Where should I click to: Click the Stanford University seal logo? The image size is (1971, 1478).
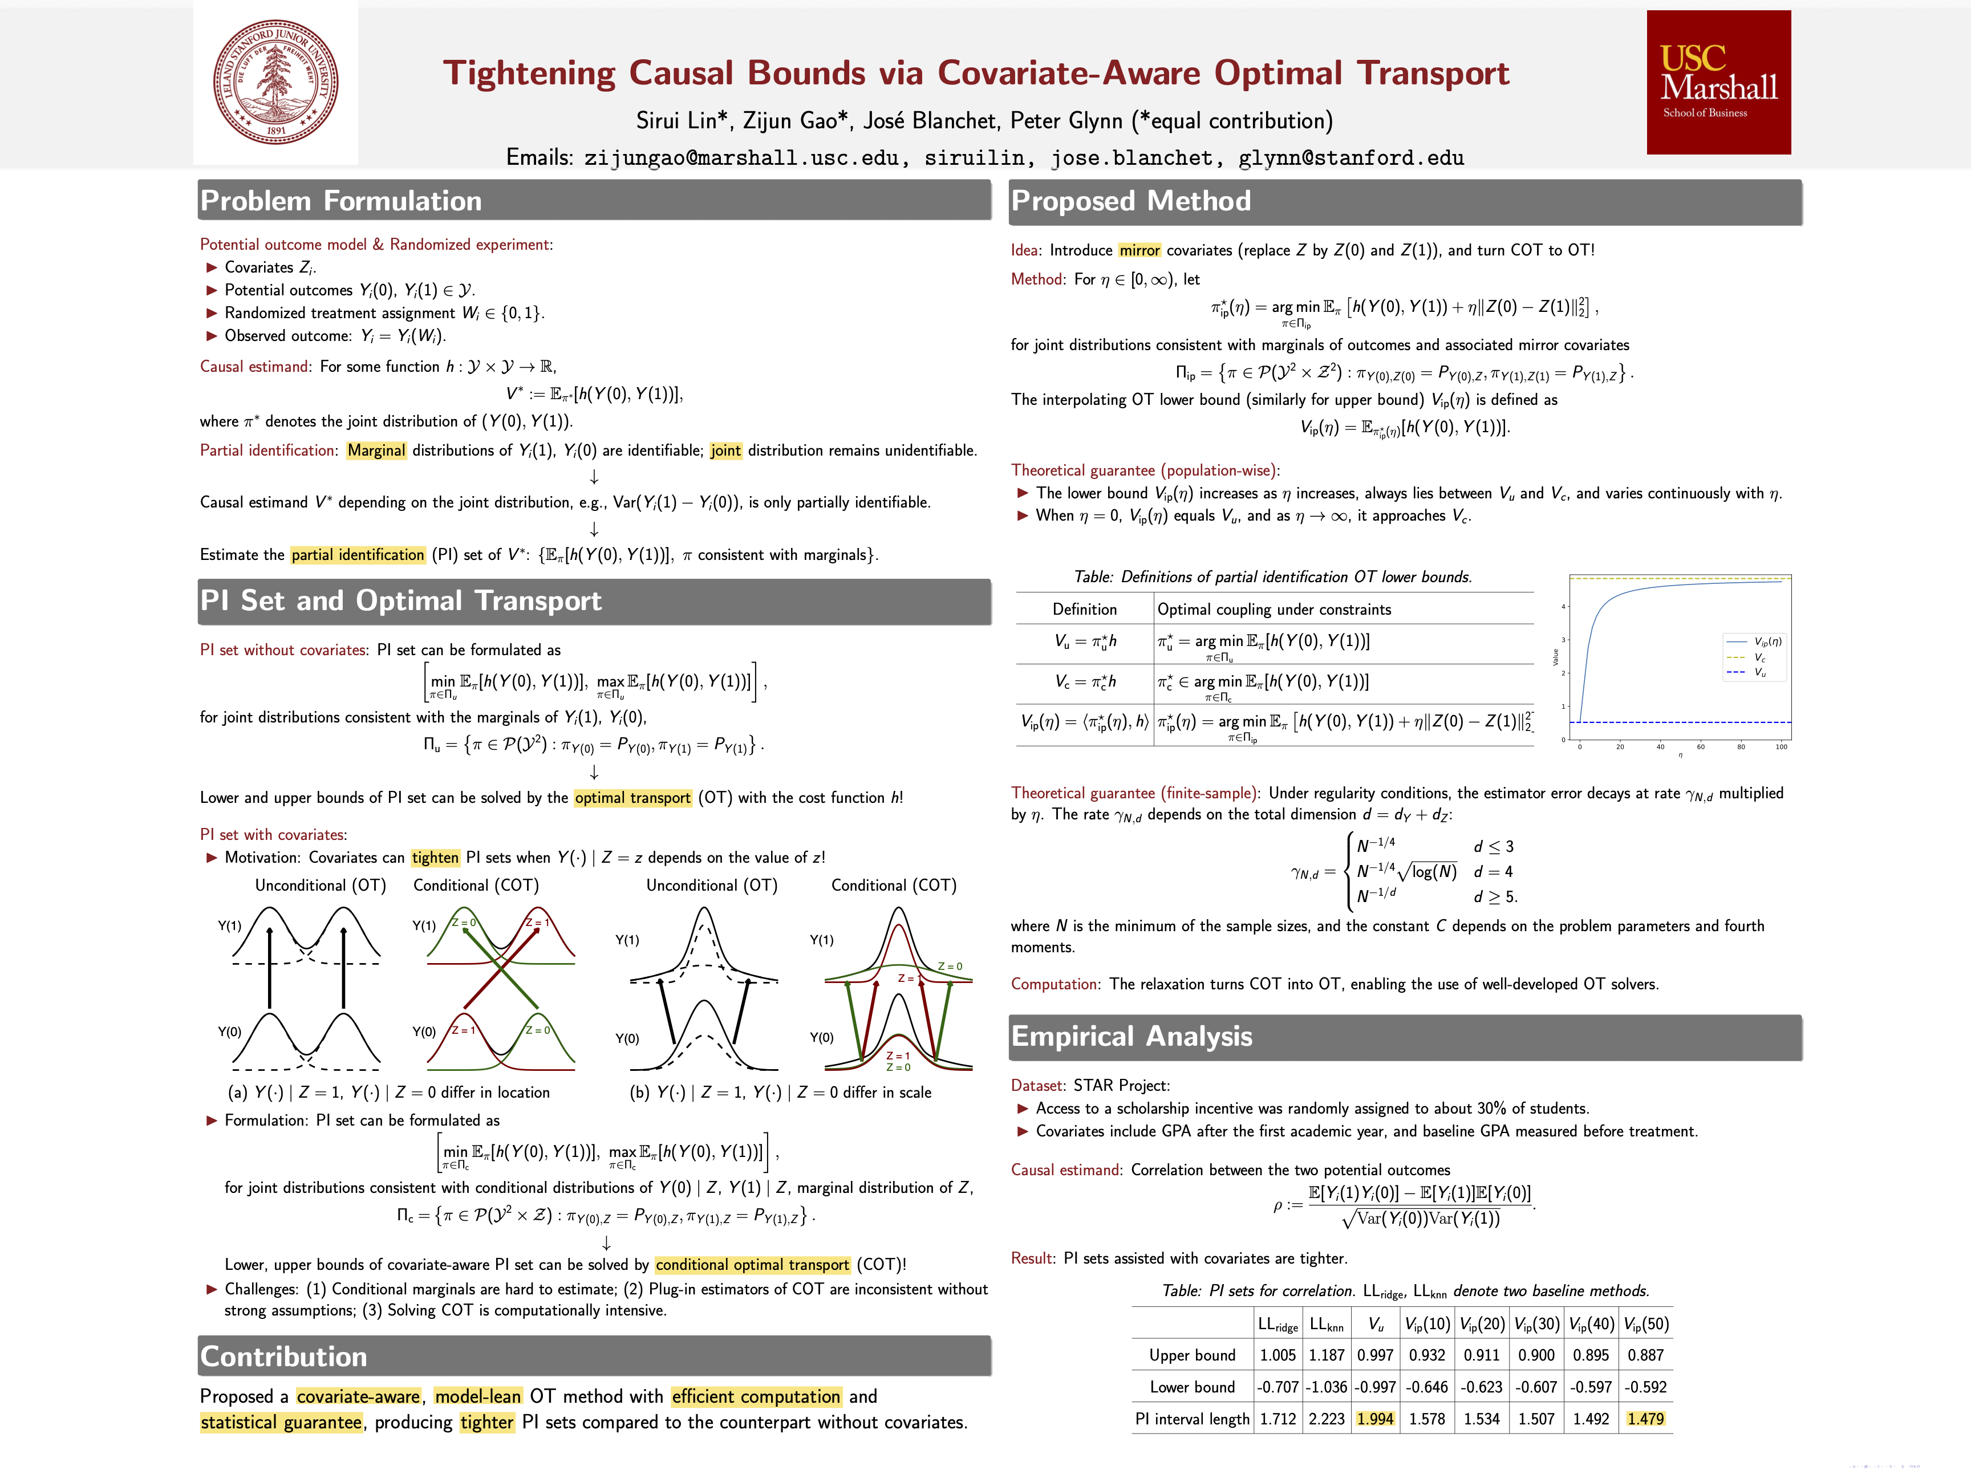coord(275,82)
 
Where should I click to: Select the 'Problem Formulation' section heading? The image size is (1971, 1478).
coord(341,201)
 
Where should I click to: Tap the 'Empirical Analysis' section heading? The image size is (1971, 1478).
coord(1131,1036)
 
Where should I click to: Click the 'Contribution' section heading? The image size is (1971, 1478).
coord(283,1356)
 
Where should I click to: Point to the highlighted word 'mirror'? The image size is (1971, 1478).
coord(1139,250)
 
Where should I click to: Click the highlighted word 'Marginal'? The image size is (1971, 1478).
coord(376,451)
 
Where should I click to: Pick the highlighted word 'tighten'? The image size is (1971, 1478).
coord(435,858)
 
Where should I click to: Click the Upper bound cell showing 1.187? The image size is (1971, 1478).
coord(1326,1355)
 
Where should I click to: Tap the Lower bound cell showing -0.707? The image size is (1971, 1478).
coord(1277,1387)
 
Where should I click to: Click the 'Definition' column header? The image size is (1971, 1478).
coord(1084,610)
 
